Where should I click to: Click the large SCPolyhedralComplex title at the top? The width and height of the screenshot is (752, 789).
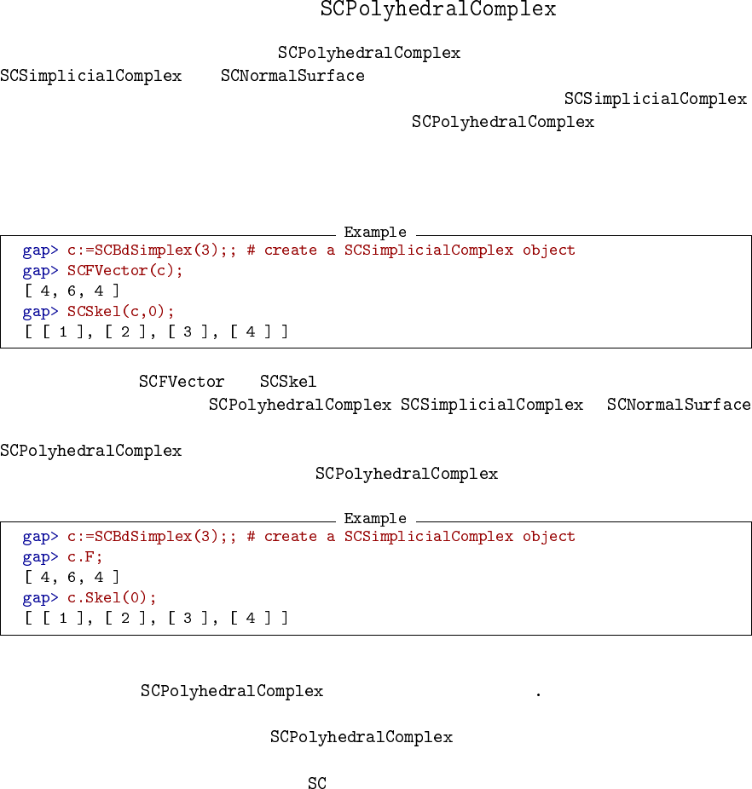tap(438, 10)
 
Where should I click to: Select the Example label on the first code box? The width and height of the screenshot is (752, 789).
tap(375, 233)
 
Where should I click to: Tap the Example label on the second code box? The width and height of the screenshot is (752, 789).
tap(375, 519)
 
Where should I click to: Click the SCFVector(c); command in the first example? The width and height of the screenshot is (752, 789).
tap(125, 271)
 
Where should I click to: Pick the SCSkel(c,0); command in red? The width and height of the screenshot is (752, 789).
tap(121, 312)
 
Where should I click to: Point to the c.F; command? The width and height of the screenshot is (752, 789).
tap(85, 557)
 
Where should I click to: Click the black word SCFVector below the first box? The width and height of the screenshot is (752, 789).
tap(182, 382)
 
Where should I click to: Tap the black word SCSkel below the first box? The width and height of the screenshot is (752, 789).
tap(288, 382)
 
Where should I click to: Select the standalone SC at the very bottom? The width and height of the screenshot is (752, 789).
tap(317, 784)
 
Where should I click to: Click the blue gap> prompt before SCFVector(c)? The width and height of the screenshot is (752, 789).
tap(41, 271)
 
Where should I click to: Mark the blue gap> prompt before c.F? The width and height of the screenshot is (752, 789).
tap(41, 557)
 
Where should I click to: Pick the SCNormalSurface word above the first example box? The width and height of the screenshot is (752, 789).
tap(292, 76)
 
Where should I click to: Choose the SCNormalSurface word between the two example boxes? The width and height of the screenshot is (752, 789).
tap(679, 405)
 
